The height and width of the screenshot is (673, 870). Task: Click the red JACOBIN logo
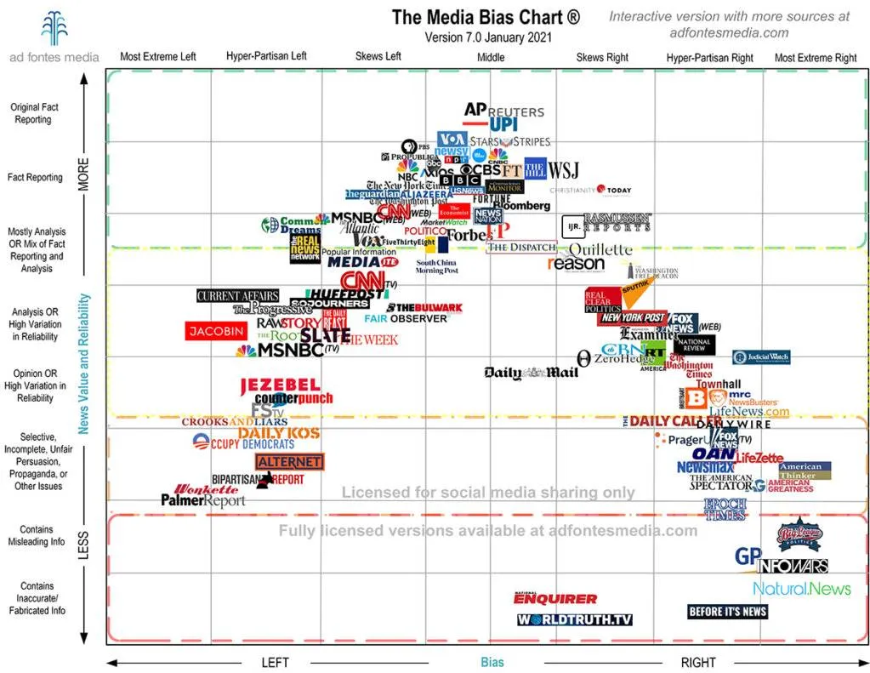(x=216, y=331)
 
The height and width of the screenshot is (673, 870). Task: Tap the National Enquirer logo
(x=555, y=598)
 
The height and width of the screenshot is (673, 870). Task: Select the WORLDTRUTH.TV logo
(x=575, y=619)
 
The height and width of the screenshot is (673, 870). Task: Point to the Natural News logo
(x=801, y=588)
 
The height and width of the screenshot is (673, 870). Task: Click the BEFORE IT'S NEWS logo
(x=727, y=611)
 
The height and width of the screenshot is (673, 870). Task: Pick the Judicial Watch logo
(x=761, y=357)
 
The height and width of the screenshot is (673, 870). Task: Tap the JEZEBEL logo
(x=280, y=385)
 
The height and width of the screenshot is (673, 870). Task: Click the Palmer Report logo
(x=203, y=500)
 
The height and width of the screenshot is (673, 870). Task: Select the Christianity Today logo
(x=590, y=191)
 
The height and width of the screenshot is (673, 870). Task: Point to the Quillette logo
(x=600, y=249)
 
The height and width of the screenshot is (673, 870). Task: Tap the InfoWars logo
(x=792, y=566)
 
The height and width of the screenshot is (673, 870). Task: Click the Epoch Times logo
(x=725, y=509)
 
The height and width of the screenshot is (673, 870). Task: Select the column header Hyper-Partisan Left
(x=266, y=57)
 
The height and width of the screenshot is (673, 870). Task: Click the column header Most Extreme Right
(x=816, y=58)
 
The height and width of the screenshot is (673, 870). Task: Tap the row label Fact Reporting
(x=35, y=178)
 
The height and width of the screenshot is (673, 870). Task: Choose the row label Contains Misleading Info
(x=37, y=535)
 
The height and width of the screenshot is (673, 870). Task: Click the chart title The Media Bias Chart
(x=486, y=18)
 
